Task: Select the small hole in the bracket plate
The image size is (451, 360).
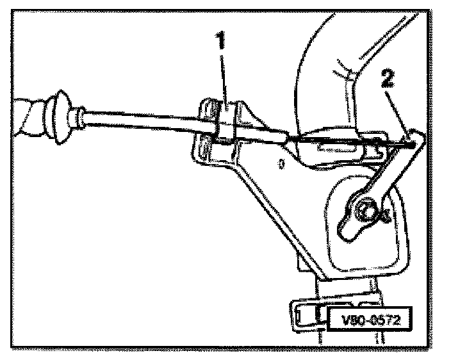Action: click(281, 164)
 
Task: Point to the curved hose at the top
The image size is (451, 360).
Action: click(320, 64)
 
